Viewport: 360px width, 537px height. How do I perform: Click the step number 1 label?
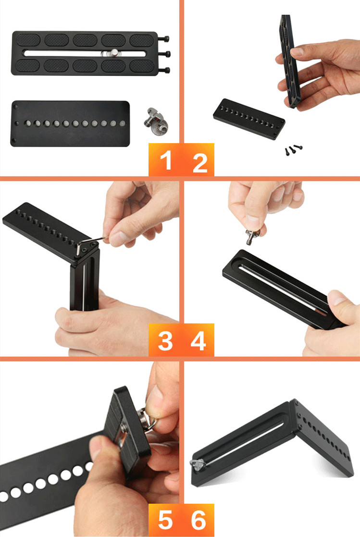[165, 161]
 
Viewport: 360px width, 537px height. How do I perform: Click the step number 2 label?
[199, 162]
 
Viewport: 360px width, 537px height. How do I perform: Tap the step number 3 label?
[165, 340]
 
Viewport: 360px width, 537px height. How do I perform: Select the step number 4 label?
[198, 340]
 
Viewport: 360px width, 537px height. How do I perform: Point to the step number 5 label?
[165, 520]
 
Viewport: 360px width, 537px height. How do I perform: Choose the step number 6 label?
[198, 520]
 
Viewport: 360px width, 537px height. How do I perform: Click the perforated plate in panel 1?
[70, 123]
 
